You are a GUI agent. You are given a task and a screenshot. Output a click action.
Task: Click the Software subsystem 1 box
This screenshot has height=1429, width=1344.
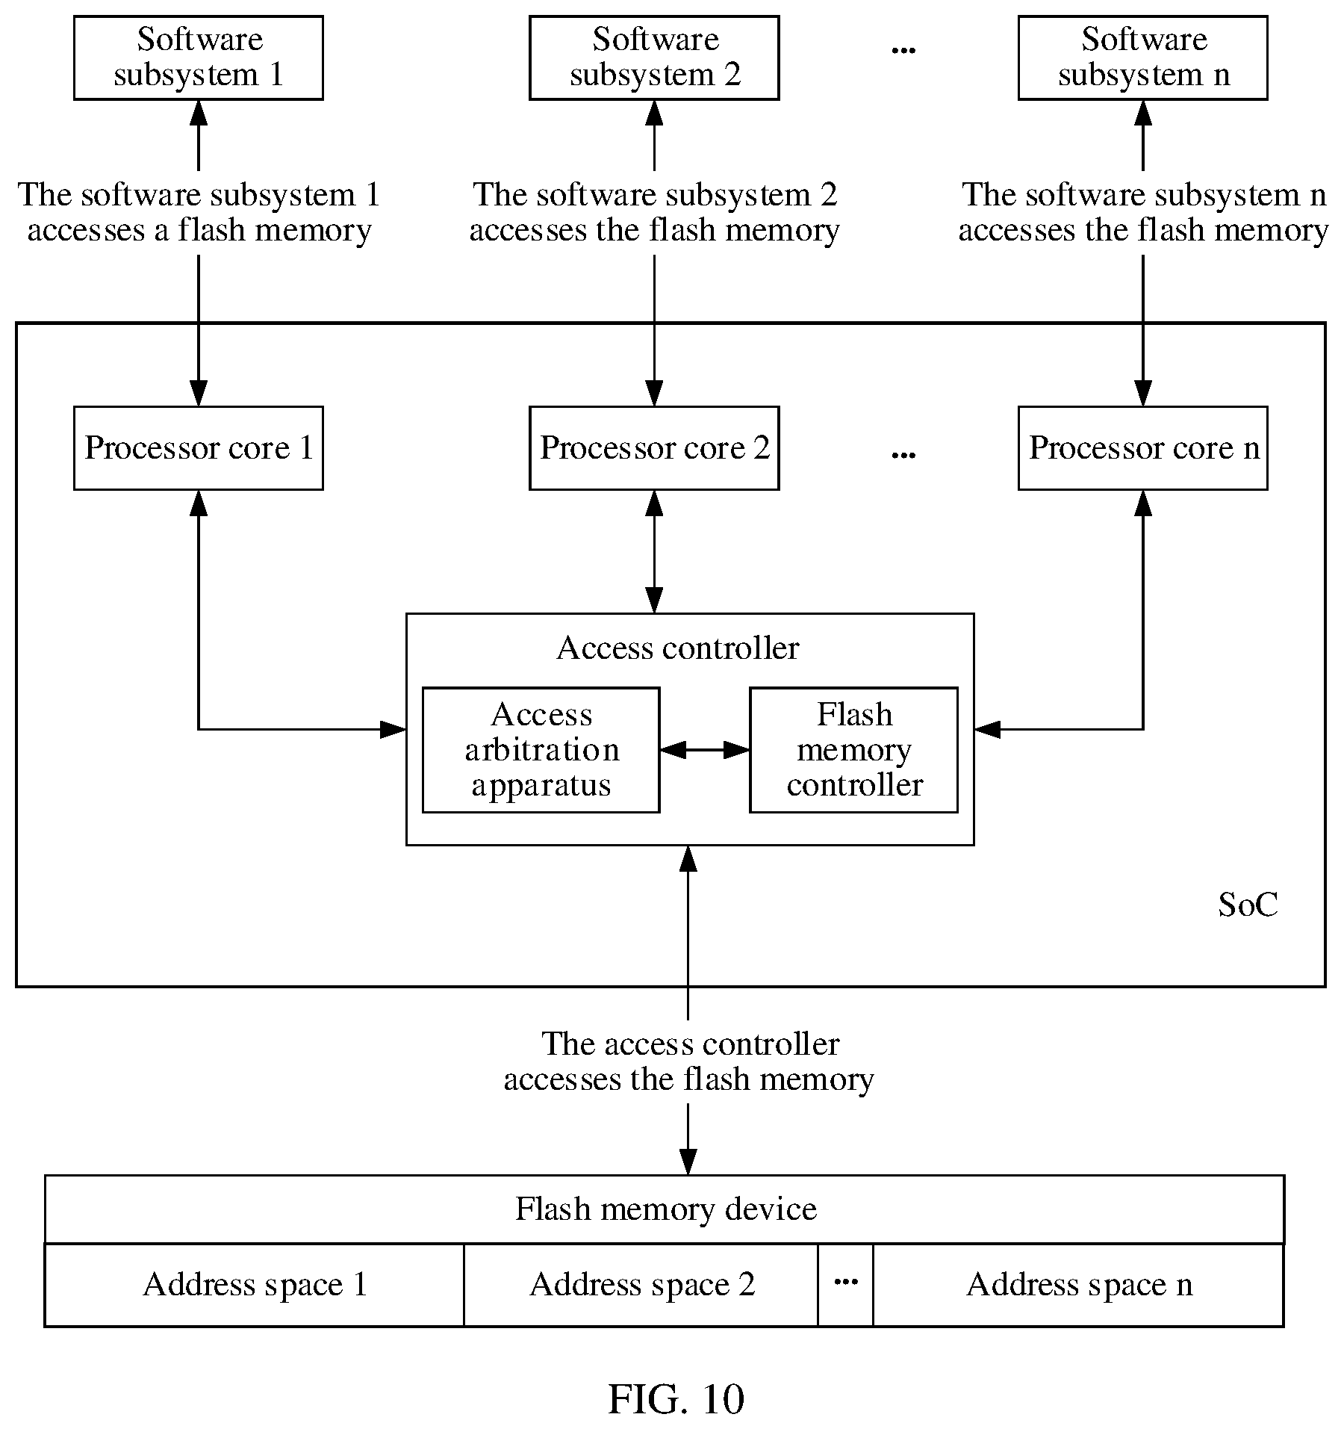pos(199,58)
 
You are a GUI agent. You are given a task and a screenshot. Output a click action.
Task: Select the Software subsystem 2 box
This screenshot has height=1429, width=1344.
pos(654,58)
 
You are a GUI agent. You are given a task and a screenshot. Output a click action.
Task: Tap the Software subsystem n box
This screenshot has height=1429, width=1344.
pos(1143,58)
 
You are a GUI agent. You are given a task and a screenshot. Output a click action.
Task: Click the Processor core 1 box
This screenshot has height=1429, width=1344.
pos(199,448)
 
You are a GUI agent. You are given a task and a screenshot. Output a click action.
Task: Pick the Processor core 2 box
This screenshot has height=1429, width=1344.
pos(654,448)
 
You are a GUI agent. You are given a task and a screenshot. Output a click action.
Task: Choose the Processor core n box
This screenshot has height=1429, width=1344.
pos(1143,448)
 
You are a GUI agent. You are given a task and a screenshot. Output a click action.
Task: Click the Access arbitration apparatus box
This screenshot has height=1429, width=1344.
pos(541,750)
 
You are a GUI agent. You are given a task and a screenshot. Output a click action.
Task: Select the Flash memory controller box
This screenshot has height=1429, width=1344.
pos(854,750)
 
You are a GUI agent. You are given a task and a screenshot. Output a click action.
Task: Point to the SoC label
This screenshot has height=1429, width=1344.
pos(1248,905)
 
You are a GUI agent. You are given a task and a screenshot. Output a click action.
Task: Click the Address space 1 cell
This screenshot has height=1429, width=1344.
pos(255,1285)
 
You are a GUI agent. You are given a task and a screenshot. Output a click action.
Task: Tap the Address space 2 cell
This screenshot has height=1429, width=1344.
pos(641,1285)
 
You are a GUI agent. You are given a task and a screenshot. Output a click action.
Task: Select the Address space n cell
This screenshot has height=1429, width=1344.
pos(1079,1285)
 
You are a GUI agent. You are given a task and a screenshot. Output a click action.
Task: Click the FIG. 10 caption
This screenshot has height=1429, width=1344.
pos(676,1398)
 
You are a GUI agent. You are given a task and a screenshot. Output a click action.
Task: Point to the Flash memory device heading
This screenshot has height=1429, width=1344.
pos(666,1209)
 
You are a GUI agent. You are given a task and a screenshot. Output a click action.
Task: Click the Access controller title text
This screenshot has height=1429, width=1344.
pos(678,648)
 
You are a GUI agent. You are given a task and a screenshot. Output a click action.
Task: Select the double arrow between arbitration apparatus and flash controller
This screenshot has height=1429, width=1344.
pos(705,750)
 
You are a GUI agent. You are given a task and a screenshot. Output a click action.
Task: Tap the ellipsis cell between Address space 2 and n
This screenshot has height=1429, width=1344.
pos(845,1285)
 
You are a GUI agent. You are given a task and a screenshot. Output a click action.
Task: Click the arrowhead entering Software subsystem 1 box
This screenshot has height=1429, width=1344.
pos(199,112)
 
